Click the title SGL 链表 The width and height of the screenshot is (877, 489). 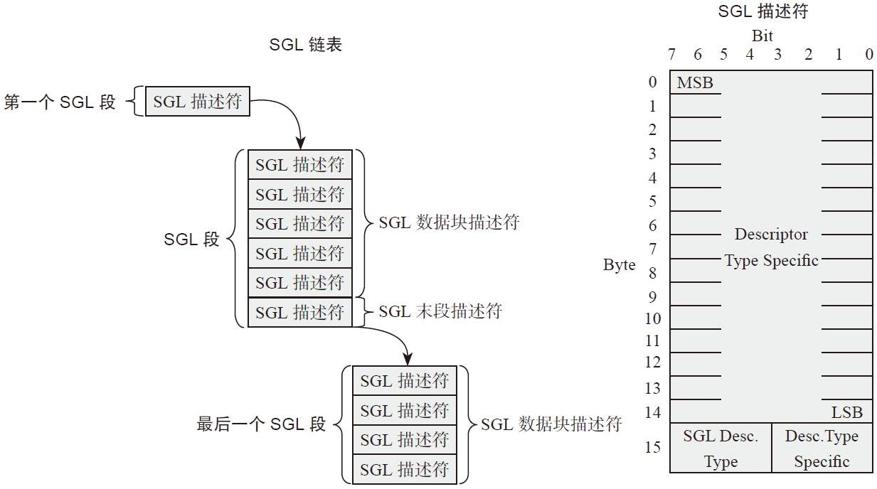tap(306, 45)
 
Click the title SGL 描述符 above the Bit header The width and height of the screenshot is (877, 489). tap(762, 11)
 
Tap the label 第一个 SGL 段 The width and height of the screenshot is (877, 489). tap(60, 102)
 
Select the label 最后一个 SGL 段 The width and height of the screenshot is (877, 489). tap(261, 425)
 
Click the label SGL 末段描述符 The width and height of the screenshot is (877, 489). tap(440, 311)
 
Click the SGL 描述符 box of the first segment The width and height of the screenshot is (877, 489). tap(198, 102)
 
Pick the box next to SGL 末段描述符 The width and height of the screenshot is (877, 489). tap(299, 312)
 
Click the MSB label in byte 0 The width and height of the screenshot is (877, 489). tap(695, 83)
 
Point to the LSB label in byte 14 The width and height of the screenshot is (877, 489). tap(846, 412)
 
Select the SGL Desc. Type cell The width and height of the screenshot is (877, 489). tap(721, 448)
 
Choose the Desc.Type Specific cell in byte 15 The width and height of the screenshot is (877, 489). tap(822, 448)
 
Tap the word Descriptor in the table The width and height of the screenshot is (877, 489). tap(771, 234)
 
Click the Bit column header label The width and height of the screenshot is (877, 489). tap(762, 36)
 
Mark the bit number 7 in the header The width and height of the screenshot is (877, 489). tap(671, 55)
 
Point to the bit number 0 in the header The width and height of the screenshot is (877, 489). tap(868, 55)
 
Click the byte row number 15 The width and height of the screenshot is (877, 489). tap(653, 447)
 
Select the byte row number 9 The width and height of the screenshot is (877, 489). tap(653, 296)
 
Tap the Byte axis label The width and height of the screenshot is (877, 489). tap(619, 265)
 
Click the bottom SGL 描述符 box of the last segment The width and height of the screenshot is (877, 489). tap(404, 469)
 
